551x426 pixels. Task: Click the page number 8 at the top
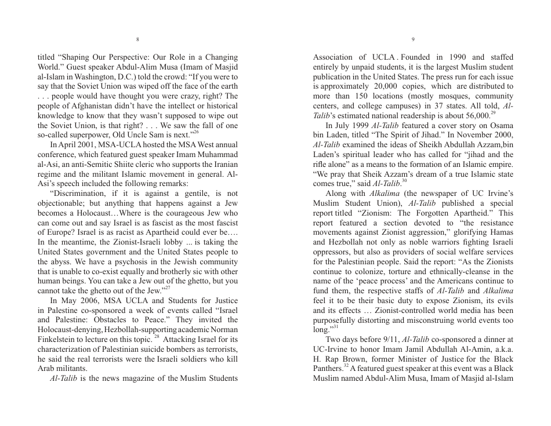(137, 39)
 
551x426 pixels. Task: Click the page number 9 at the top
(412, 39)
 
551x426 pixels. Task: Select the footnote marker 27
(167, 287)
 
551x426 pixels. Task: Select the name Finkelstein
(59, 340)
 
